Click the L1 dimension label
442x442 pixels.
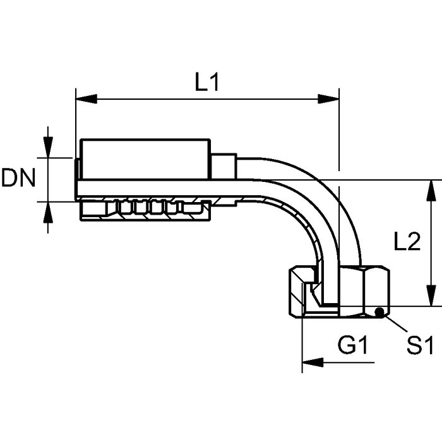(x=207, y=82)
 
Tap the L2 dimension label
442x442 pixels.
(x=407, y=242)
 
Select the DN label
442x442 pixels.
(x=18, y=177)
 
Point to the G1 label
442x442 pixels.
(x=352, y=345)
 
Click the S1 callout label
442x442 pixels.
(x=420, y=345)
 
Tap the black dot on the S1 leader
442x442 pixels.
(x=379, y=312)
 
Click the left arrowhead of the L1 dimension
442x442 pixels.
(x=87, y=99)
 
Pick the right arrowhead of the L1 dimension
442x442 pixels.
(x=328, y=99)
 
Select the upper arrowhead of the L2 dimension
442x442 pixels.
(x=431, y=191)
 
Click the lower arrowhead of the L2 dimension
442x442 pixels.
(x=431, y=296)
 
